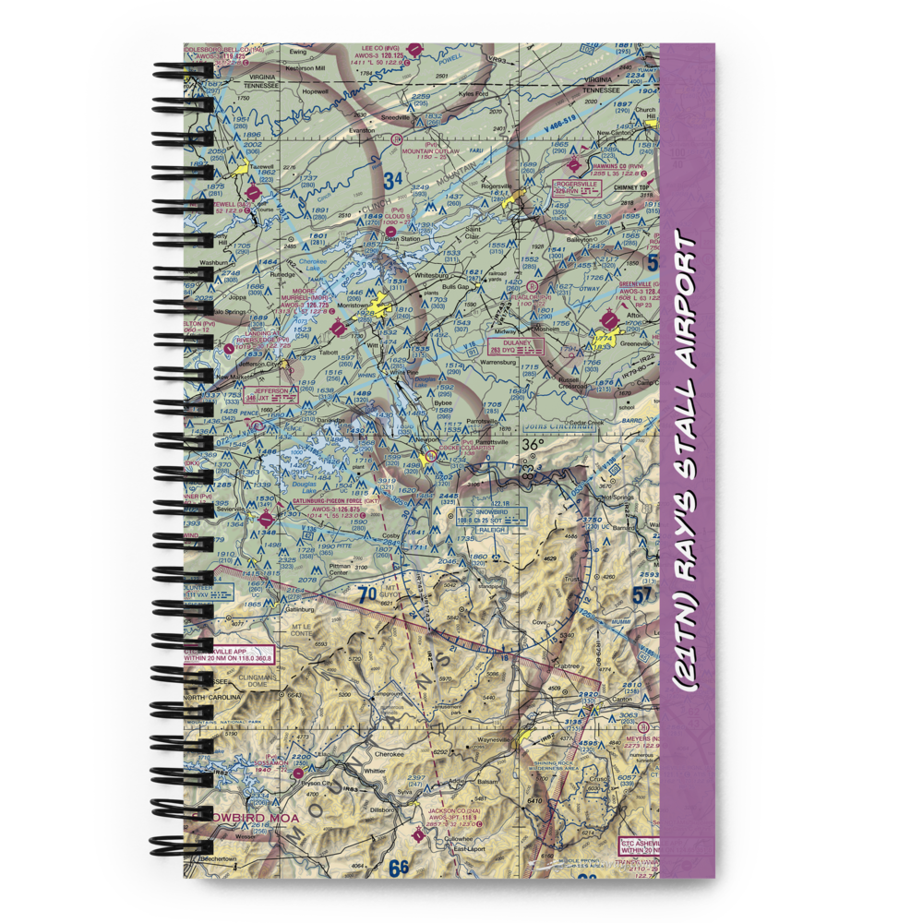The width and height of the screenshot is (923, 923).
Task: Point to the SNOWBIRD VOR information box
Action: (x=491, y=518)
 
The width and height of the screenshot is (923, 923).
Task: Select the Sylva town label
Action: (x=403, y=791)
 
